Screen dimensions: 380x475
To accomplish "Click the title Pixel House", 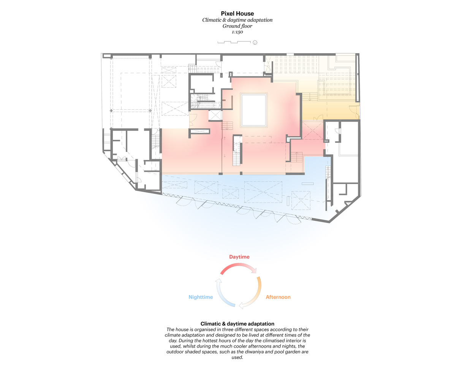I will coord(237,13).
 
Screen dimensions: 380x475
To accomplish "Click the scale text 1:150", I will coord(237,32).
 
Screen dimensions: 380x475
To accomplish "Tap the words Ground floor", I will coord(237,26).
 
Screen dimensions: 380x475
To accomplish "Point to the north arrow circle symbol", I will coord(255,43).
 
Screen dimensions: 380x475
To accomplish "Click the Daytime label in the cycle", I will coord(239,257).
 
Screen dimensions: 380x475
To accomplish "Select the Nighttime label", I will coord(201,297).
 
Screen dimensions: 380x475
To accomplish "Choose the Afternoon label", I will coord(278,297).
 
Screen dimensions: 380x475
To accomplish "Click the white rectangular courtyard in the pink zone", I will coord(253,110).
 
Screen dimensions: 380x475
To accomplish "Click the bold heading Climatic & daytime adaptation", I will coord(237,324).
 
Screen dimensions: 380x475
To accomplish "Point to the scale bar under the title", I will coord(234,42).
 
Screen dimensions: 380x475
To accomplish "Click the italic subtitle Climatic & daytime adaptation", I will coord(237,20).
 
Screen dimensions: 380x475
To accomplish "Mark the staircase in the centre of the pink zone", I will coord(237,154).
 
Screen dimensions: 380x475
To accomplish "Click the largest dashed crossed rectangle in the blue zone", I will coord(263,192).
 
